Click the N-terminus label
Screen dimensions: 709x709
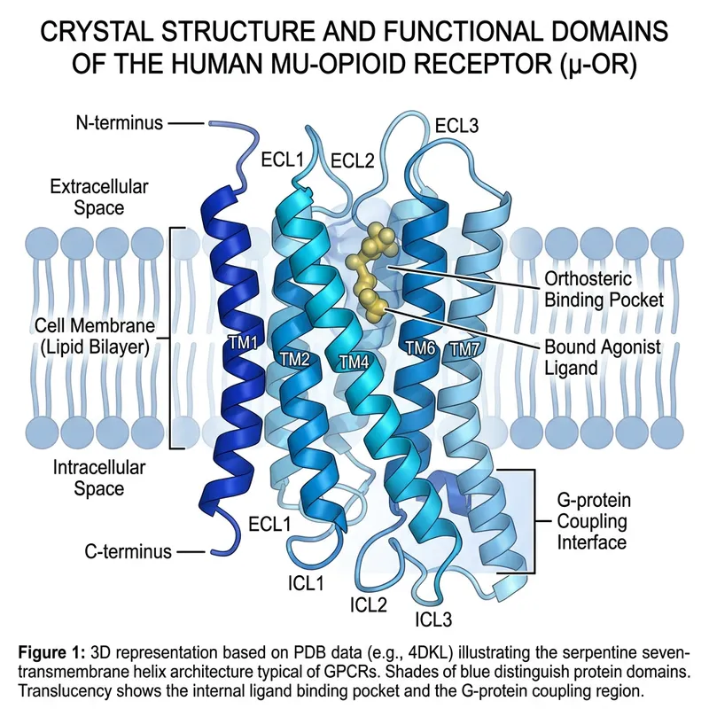(119, 123)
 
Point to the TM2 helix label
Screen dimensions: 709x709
(295, 358)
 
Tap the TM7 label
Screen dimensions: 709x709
(466, 348)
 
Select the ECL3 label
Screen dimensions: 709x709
(456, 125)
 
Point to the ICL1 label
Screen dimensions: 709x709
(304, 582)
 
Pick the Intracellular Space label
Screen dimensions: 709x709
(99, 477)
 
